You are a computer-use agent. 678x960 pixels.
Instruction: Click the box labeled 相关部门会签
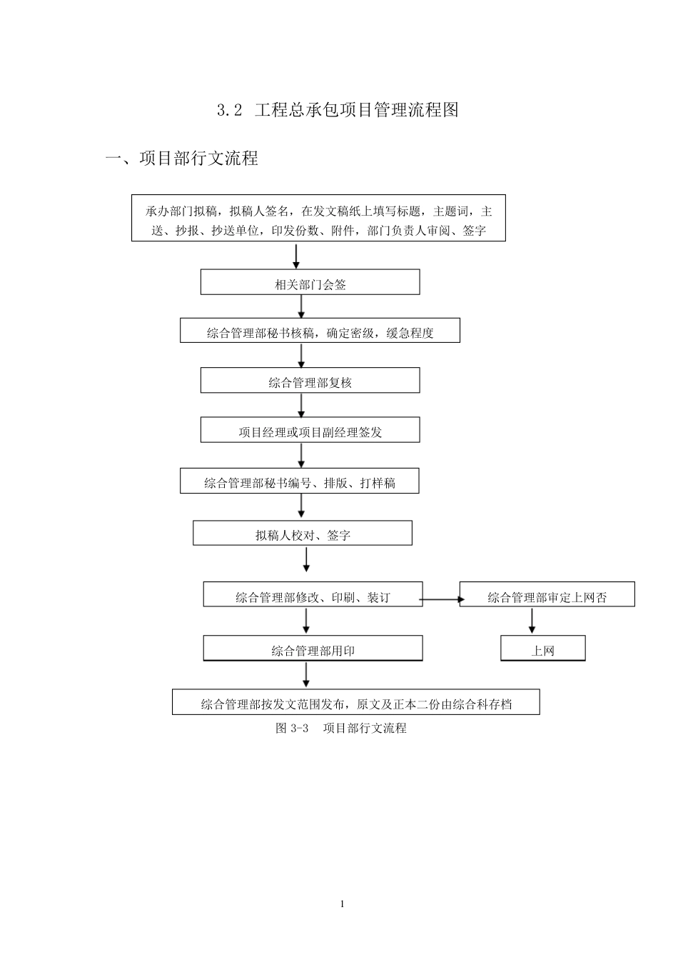point(310,282)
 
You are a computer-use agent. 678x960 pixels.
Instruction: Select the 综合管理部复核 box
point(310,381)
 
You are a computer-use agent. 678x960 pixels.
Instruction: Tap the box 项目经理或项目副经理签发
point(310,431)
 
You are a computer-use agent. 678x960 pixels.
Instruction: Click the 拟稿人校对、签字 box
point(303,534)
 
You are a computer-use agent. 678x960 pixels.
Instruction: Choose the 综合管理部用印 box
point(313,649)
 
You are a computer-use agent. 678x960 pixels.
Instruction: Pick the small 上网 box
point(542,649)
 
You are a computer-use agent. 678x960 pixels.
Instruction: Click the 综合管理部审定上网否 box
point(547,596)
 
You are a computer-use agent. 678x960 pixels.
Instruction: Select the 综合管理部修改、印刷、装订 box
point(313,596)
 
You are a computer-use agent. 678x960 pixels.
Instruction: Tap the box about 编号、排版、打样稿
point(299,481)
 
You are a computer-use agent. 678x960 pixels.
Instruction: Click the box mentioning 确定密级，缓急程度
point(320,331)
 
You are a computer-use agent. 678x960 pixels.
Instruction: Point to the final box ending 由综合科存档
point(355,702)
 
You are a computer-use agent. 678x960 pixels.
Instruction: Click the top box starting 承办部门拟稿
point(318,219)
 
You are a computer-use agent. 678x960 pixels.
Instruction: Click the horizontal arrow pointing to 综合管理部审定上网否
point(440,599)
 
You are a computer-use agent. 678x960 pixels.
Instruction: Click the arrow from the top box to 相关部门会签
point(296,256)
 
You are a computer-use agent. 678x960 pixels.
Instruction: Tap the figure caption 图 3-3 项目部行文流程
point(340,729)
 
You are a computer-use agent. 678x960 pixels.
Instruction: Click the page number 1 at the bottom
point(343,904)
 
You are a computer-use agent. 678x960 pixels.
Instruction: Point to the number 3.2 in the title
point(230,110)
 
